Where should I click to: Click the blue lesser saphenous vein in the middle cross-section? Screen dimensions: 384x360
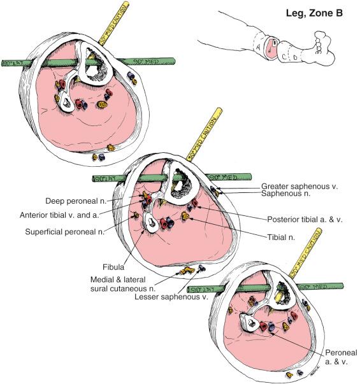tap(203, 268)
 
